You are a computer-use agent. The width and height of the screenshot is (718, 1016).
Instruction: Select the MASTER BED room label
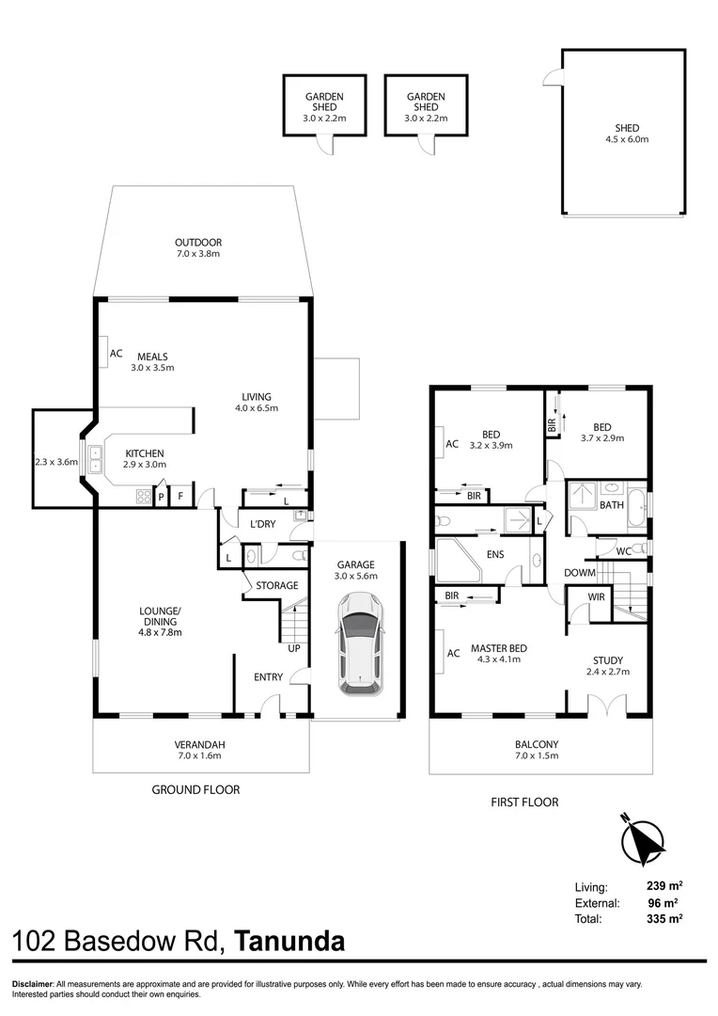tap(498, 648)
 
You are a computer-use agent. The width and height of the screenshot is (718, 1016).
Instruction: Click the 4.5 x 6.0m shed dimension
tap(627, 139)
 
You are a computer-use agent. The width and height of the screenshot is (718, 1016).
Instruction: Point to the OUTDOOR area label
tap(197, 243)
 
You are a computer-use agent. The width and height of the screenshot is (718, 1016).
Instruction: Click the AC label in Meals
tap(117, 355)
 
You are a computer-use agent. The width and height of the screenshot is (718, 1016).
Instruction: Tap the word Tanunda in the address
tap(289, 941)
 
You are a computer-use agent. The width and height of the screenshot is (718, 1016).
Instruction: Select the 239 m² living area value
tap(664, 886)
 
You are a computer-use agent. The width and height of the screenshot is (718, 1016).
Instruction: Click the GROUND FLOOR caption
tap(195, 790)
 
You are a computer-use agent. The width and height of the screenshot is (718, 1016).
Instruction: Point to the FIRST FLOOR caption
tap(524, 802)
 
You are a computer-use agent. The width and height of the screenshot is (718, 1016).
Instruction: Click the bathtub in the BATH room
tap(637, 505)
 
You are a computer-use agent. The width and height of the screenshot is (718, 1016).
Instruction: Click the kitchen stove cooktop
tap(144, 495)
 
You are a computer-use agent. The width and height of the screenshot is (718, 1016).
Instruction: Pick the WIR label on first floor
tap(596, 596)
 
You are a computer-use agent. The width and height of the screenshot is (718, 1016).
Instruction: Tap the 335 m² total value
tap(664, 918)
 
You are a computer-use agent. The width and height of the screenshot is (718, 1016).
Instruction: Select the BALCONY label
tap(537, 744)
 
